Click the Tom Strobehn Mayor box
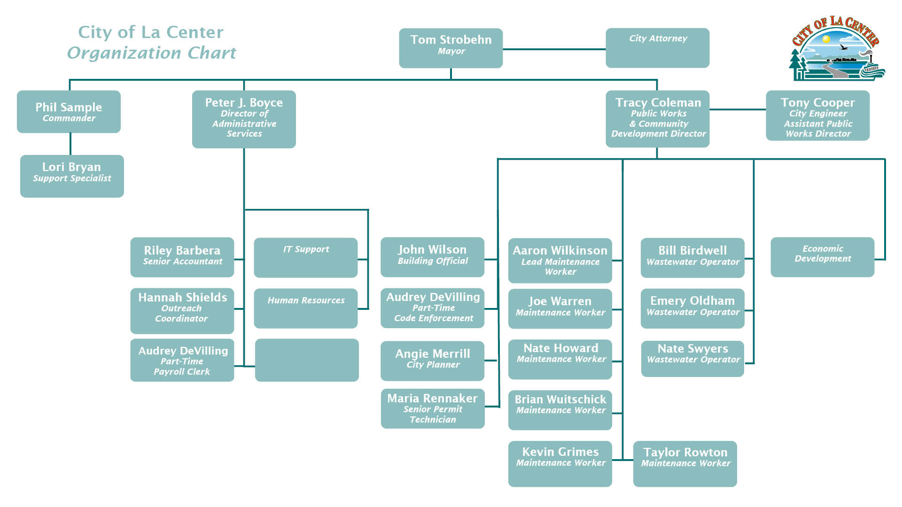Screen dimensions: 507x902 [451, 48]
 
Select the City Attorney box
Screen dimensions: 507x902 [657, 48]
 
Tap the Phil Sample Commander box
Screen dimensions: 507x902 [69, 112]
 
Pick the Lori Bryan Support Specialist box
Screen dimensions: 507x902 [72, 176]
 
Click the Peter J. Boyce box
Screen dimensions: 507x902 [244, 119]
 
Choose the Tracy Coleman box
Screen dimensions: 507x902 [657, 119]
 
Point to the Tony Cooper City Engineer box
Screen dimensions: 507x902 [817, 115]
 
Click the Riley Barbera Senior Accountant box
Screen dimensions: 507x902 [182, 257]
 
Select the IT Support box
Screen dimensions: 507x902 [305, 258]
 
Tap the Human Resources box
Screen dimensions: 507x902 [305, 308]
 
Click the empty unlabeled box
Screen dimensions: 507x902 [307, 360]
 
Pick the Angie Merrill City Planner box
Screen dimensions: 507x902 [432, 361]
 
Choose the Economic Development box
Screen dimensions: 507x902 [822, 257]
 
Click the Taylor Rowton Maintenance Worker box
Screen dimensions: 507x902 [684, 463]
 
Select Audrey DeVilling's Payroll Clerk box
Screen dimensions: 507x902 [182, 360]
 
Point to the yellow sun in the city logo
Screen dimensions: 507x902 [826, 39]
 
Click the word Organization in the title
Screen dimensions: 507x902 [124, 53]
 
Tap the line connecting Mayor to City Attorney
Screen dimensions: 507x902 [554, 49]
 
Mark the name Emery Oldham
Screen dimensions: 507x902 [692, 301]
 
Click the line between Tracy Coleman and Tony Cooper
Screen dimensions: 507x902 [737, 109]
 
